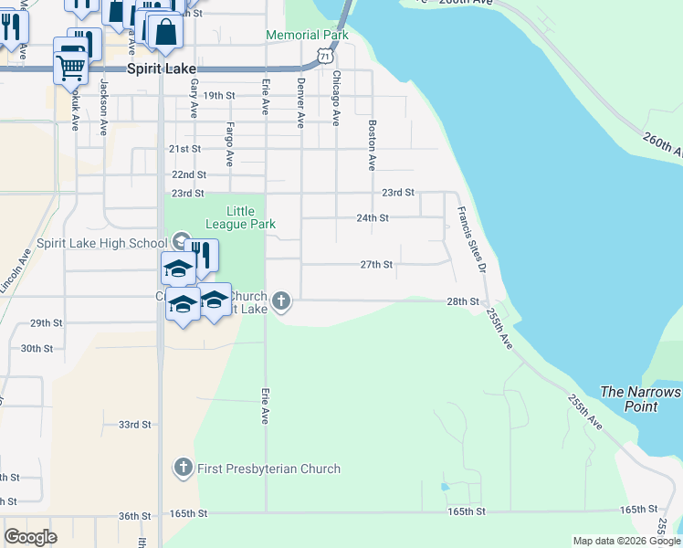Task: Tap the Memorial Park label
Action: tap(307, 36)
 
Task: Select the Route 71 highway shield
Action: tap(326, 57)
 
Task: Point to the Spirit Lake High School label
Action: tap(101, 244)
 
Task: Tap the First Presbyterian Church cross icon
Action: tap(183, 469)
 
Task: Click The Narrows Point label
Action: tap(641, 399)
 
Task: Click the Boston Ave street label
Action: tap(372, 145)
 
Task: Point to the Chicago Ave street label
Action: tap(336, 98)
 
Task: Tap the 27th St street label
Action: tap(376, 265)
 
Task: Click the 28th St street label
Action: tap(463, 301)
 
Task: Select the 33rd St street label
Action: tap(134, 424)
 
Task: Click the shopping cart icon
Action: tap(70, 62)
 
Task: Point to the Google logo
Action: tap(31, 537)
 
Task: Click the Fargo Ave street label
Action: tap(229, 144)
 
